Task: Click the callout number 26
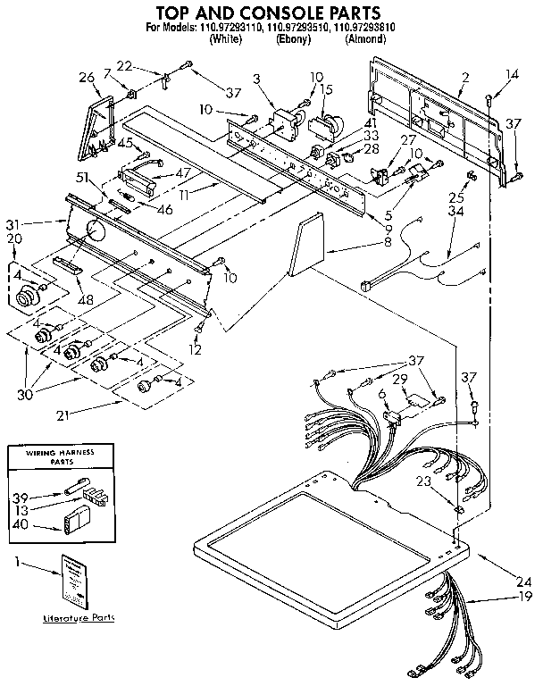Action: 86,77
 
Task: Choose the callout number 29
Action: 399,379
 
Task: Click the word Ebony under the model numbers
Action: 294,40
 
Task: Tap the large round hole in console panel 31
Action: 93,236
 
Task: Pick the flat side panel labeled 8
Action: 305,247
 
